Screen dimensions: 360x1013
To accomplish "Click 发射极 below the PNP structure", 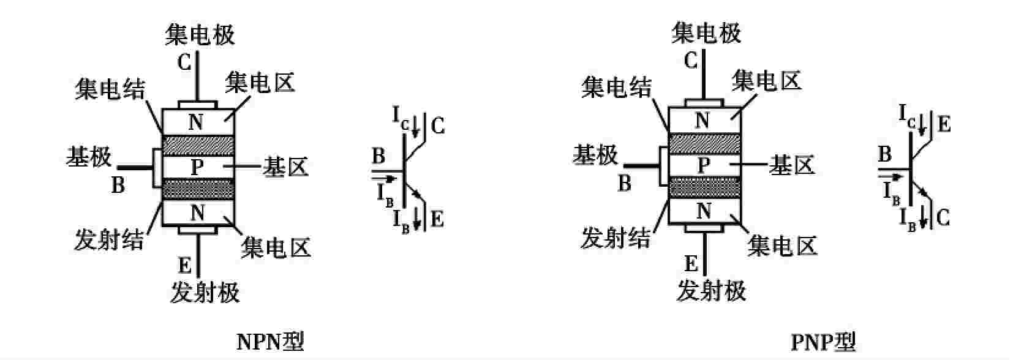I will pos(711,290).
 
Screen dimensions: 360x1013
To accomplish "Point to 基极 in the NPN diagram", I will pos(89,157).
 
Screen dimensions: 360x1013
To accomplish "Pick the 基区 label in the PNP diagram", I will pos(792,165).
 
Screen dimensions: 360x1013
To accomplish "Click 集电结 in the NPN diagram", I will pos(110,90).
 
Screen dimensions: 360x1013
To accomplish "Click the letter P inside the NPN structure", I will pos(197,167).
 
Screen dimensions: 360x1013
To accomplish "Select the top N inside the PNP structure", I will pos(702,121).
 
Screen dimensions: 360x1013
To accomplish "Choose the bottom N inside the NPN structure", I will pos(197,213).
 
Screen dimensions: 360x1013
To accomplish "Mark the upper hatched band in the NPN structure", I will pos(198,145).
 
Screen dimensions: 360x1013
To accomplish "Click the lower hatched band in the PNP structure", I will pos(704,188).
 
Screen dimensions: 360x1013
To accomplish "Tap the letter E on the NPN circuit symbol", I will pos(437,219).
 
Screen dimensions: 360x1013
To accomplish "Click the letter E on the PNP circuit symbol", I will pos(944,125).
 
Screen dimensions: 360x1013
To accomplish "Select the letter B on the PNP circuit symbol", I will pos(884,154).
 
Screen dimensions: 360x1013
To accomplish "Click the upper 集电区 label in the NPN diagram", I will pos(260,82).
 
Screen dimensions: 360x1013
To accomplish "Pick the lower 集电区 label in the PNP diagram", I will pos(782,246).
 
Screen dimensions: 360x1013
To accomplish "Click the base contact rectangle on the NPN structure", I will pos(157,168).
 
